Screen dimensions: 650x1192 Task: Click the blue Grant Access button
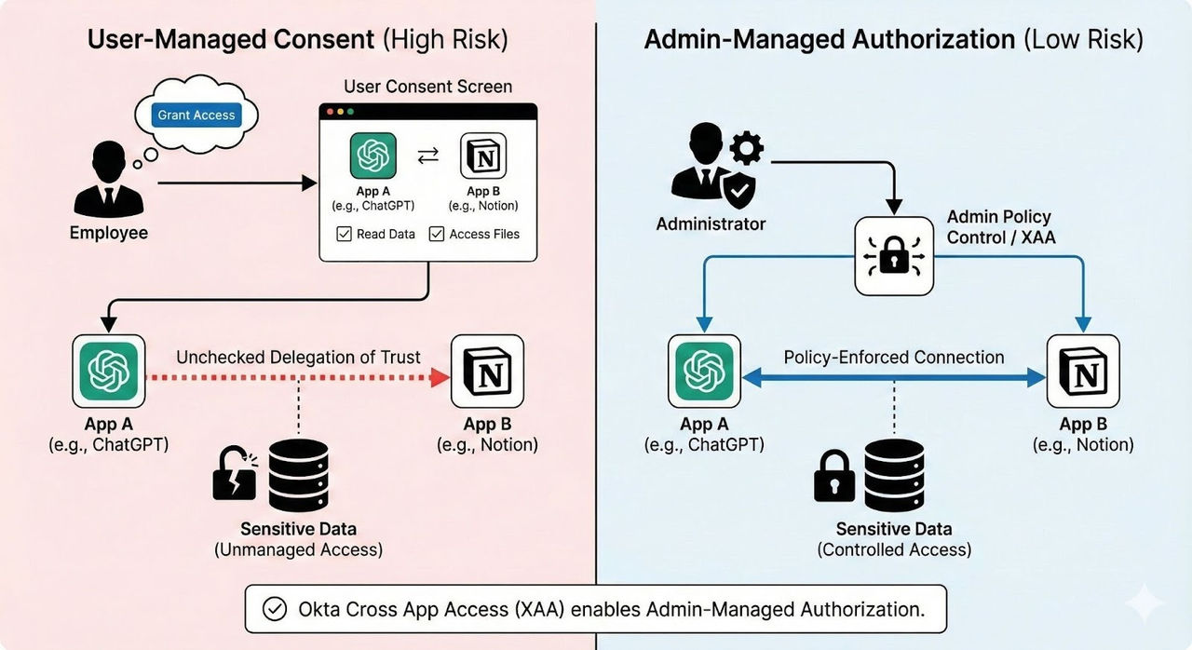coord(196,115)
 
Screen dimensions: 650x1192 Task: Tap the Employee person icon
coord(108,179)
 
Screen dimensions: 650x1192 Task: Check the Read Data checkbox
coord(344,235)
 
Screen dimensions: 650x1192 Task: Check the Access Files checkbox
coord(436,235)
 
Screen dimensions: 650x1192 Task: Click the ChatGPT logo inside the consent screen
coord(373,156)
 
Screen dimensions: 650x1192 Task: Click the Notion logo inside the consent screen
coord(483,156)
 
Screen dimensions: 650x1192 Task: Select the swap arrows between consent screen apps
coord(428,156)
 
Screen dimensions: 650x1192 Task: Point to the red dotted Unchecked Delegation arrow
coord(298,378)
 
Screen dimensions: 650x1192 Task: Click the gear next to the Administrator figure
coord(746,149)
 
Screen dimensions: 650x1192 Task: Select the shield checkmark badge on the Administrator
coord(738,194)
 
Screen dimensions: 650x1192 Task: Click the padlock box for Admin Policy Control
coord(894,257)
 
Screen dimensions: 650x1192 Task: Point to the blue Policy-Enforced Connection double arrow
coord(894,377)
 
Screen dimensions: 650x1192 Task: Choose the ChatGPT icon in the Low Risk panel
coord(705,372)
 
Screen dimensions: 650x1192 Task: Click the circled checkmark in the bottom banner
coord(274,609)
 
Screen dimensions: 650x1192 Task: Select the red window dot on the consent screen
coord(328,112)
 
